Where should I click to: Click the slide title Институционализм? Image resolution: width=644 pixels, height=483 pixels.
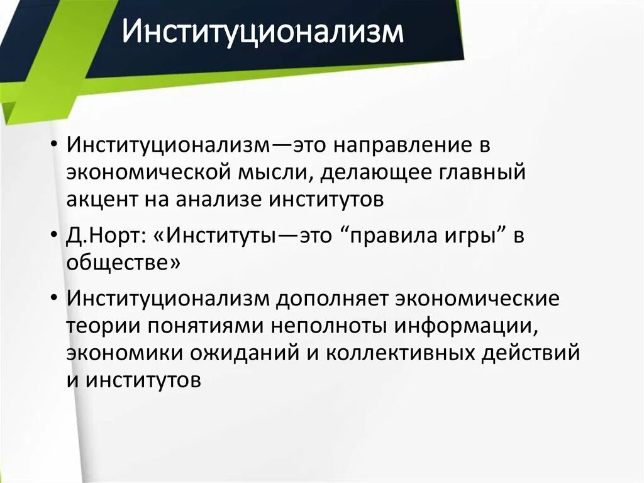point(262,32)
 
